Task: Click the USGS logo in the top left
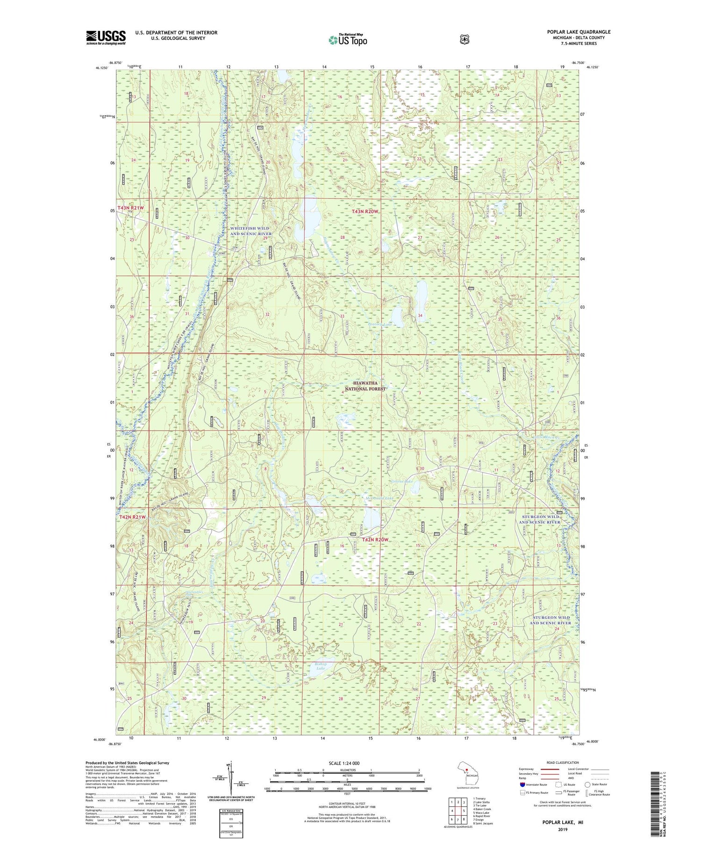[106, 37]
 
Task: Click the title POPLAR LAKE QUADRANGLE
[579, 32]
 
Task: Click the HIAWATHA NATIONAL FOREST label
[365, 386]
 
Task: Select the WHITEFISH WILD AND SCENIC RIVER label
[250, 231]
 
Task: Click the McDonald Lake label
[379, 498]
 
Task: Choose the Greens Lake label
[401, 481]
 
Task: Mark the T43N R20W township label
[365, 212]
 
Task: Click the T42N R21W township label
[131, 517]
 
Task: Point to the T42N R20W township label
[375, 540]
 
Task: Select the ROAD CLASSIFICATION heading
[565, 763]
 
